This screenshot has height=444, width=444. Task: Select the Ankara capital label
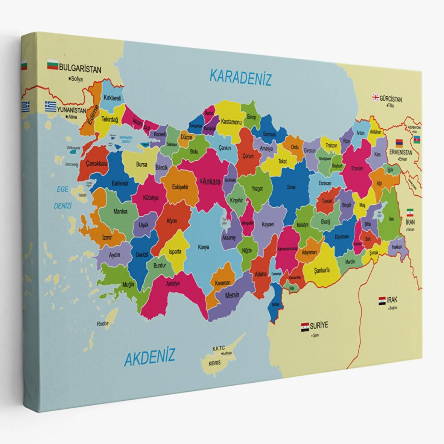click(x=211, y=182)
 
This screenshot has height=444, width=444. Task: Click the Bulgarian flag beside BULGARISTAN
click(x=52, y=66)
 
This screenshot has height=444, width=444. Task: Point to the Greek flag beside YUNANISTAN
click(x=50, y=106)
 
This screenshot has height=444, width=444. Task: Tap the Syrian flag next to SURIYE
click(x=304, y=327)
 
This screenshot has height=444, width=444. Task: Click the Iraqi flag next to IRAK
click(x=382, y=300)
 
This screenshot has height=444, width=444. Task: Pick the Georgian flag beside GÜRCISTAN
click(x=375, y=97)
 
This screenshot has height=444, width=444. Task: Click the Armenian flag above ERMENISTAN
click(x=399, y=143)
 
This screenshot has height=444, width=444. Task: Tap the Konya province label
click(x=203, y=247)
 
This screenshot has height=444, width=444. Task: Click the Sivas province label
click(x=291, y=187)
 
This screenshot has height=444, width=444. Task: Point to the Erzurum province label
click(x=357, y=169)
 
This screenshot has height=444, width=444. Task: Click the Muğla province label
click(x=128, y=284)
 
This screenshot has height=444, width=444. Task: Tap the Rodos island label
click(x=102, y=324)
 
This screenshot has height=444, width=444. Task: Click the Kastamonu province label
click(x=231, y=122)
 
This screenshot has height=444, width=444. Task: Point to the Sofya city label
click(x=76, y=79)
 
